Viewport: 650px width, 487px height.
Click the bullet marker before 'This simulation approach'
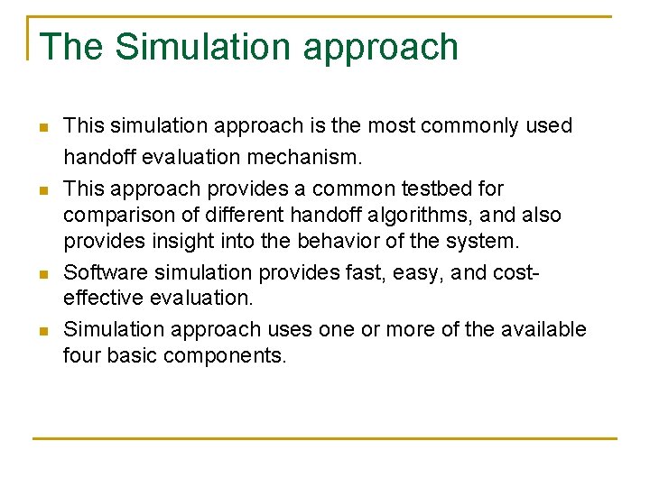pyautogui.click(x=42, y=127)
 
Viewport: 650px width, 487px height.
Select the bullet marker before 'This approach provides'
pyautogui.click(x=42, y=190)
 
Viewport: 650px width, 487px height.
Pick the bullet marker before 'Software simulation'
pyautogui.click(x=42, y=274)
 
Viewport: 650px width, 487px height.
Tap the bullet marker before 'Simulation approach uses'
pyautogui.click(x=42, y=331)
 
